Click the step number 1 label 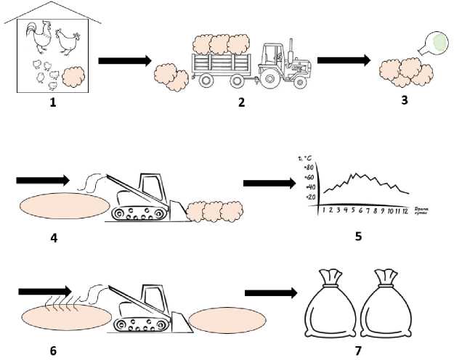tap(52, 102)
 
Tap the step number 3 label tap(404, 99)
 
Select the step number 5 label tap(358, 235)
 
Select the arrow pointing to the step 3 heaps tap(344, 61)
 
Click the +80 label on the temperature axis tap(309, 168)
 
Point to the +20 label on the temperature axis tap(309, 197)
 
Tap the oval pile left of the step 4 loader tap(61, 205)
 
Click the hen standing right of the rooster tap(67, 43)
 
